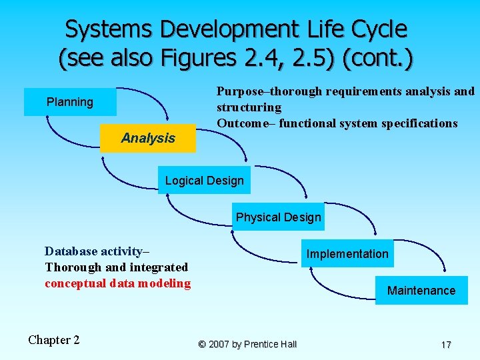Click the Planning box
coord(70,102)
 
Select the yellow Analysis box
coord(148,138)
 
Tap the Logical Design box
coord(204,181)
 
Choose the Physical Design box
coord(278,217)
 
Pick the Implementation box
coord(347,254)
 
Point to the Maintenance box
coord(421,291)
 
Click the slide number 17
coord(446,345)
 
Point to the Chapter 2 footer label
coord(54,340)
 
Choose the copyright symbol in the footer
coord(202,345)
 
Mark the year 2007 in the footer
coord(219,345)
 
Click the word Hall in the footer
coord(288,345)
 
